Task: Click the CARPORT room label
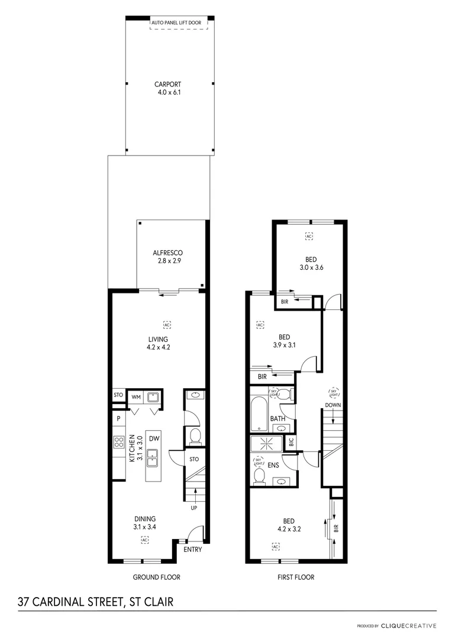point(168,85)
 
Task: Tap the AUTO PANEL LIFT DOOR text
point(176,22)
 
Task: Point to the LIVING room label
point(158,339)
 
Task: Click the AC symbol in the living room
point(167,324)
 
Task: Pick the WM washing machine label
point(135,396)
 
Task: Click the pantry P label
point(119,418)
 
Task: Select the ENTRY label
point(192,550)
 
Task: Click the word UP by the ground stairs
point(194,508)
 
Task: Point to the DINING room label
point(144,518)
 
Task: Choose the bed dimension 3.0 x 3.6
point(311,267)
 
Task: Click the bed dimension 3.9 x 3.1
point(284,345)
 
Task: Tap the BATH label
point(277,419)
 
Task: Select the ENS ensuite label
point(273,466)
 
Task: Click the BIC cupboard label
point(291,442)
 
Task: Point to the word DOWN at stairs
point(332,405)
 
